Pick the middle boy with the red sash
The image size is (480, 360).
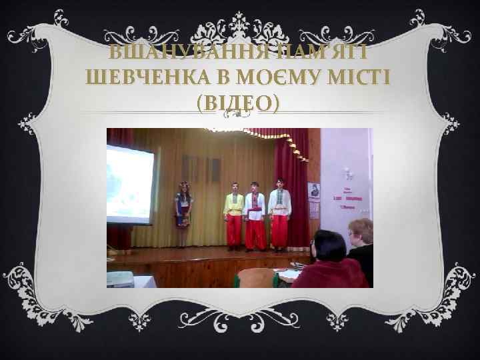[x=255, y=216]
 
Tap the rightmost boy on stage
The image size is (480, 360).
[x=279, y=213]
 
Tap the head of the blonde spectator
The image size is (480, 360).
[x=361, y=230]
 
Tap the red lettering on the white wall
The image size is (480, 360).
[x=352, y=199]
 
